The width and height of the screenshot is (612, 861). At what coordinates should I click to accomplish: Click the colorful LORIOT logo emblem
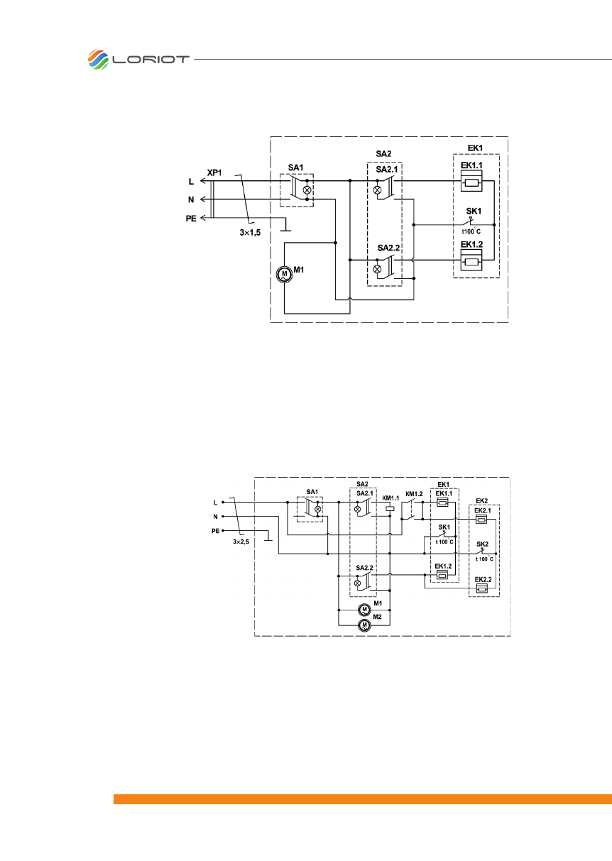(x=98, y=59)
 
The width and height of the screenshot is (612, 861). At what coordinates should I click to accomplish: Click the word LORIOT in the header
(x=151, y=60)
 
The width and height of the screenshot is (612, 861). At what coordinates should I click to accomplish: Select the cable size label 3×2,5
(x=243, y=541)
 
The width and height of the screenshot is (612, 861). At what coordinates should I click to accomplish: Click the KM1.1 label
(x=390, y=498)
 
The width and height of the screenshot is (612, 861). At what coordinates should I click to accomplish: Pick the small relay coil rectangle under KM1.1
(x=389, y=509)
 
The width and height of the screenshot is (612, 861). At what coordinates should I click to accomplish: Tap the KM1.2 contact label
(x=413, y=493)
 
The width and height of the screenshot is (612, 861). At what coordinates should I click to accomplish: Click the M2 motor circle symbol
(x=364, y=625)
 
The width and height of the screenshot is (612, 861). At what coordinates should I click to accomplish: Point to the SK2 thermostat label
(x=483, y=544)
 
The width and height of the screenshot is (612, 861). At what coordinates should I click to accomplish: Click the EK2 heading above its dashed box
(x=482, y=500)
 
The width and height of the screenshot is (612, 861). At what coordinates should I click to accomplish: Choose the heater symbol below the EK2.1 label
(x=482, y=520)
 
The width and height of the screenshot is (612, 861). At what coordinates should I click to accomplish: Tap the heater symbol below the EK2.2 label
(x=482, y=588)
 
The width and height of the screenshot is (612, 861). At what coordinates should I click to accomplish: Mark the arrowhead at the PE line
(x=203, y=217)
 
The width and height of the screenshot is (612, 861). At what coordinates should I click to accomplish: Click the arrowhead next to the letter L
(x=203, y=182)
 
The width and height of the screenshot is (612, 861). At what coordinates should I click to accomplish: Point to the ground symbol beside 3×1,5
(x=285, y=229)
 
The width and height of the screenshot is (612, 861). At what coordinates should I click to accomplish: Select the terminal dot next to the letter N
(x=223, y=517)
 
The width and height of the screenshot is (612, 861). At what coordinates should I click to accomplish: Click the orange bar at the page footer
(x=362, y=799)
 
